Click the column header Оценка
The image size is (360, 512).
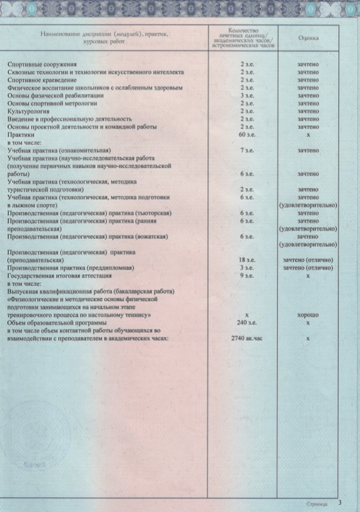click(307, 37)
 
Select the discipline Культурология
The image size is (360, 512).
click(29, 111)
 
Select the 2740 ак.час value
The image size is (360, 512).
click(247, 338)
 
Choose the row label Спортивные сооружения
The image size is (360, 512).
click(41, 65)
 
